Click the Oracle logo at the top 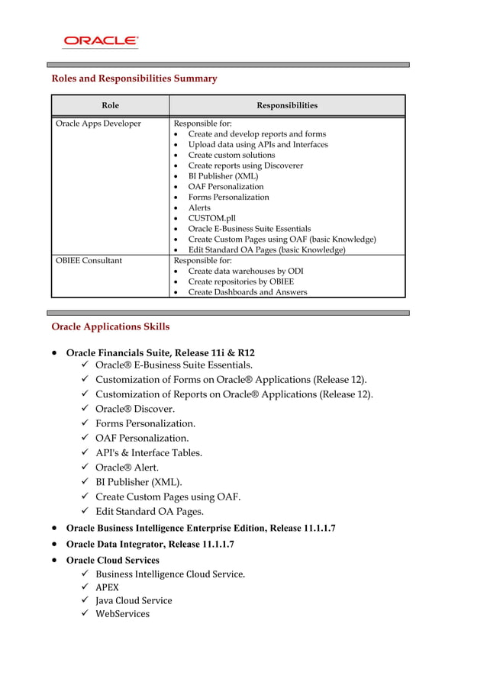coord(101,41)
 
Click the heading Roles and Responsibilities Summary coord(134,79)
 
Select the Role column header coord(110,105)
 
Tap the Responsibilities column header coord(286,105)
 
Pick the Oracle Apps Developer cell coord(98,124)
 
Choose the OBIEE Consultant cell coord(89,260)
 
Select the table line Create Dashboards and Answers coord(247,292)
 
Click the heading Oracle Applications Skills coord(110,326)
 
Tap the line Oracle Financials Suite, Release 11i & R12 coord(160,353)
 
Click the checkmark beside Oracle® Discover coord(84,409)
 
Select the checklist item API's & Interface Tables coord(149,452)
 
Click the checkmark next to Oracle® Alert coord(84,467)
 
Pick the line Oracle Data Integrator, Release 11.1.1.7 coord(150,544)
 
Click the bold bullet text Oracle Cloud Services coord(113,560)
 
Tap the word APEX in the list coord(107,587)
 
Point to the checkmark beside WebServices coord(84,613)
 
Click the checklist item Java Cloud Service coord(134,600)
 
